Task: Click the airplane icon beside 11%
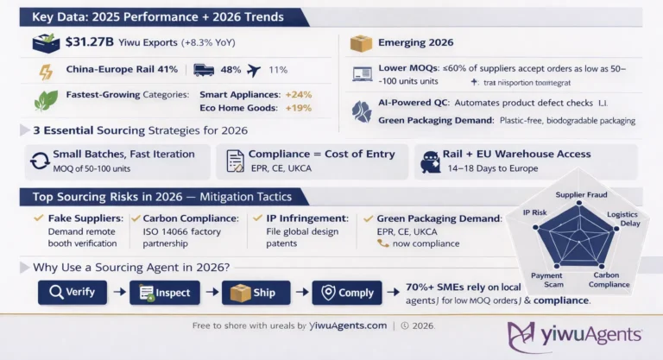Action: tap(255, 70)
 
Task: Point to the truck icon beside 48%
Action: tap(205, 70)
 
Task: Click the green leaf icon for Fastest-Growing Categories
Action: tap(45, 100)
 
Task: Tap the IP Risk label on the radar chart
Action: tap(534, 211)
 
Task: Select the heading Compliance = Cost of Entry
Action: tap(321, 154)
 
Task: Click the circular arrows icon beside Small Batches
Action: tap(39, 161)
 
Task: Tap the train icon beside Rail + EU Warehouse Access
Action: tap(431, 161)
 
